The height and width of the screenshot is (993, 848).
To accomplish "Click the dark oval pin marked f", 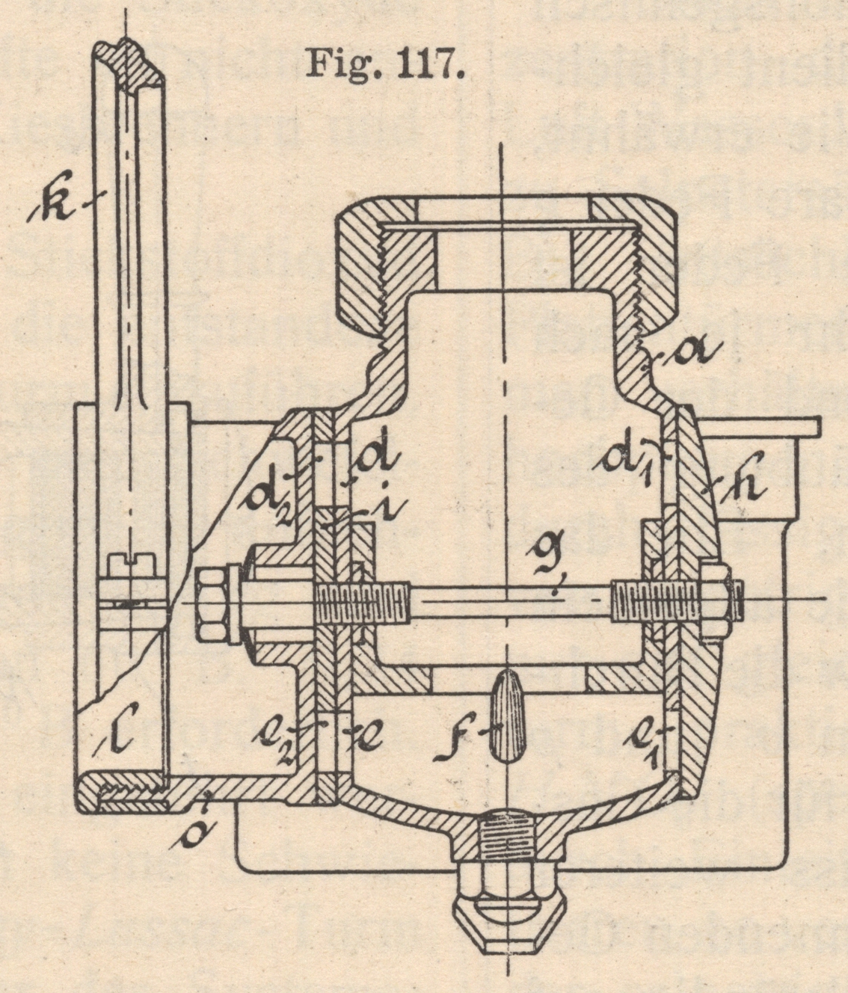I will click(509, 716).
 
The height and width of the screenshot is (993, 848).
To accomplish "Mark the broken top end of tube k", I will click(127, 56).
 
